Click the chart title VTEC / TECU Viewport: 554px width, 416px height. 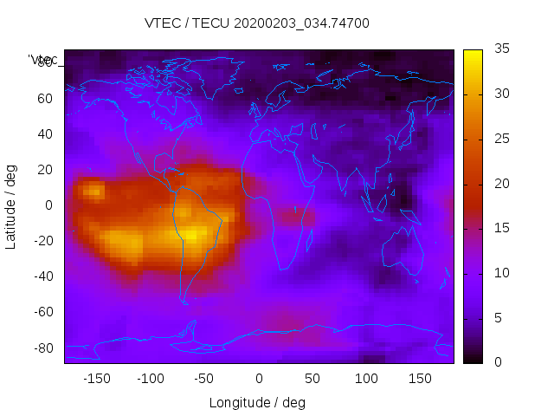pos(257,23)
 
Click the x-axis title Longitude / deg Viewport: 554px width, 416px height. pos(257,402)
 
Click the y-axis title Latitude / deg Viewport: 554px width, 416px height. pos(11,205)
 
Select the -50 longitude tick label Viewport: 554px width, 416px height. pos(204,379)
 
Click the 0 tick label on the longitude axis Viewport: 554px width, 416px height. pos(259,379)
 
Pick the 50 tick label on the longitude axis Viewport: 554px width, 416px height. pos(312,379)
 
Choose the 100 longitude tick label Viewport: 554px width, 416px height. pos(366,379)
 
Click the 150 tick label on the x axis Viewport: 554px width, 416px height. pos(421,379)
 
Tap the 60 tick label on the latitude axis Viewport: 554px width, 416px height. pos(45,99)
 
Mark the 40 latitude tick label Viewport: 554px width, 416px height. pos(45,134)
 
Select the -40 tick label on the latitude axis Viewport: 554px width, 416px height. pos(42,276)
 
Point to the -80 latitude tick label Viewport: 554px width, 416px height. pos(42,348)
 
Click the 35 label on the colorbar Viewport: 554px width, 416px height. pos(501,49)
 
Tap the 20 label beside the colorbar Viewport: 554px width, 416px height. pos(501,184)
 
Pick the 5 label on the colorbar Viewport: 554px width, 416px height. pos(498,317)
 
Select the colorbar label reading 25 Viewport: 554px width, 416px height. pos(501,139)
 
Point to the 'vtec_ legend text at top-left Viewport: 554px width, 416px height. pos(43,60)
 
